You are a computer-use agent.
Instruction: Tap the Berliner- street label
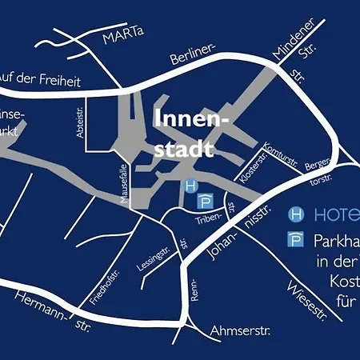tap(194, 55)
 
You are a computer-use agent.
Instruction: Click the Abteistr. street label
tap(80, 125)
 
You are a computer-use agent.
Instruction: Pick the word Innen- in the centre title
tap(191, 121)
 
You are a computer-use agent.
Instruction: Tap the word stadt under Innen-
tap(185, 148)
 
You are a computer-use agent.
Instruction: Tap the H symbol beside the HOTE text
tap(295, 214)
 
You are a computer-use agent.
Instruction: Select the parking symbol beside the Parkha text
tap(295, 240)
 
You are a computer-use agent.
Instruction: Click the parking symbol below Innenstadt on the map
tap(205, 200)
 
